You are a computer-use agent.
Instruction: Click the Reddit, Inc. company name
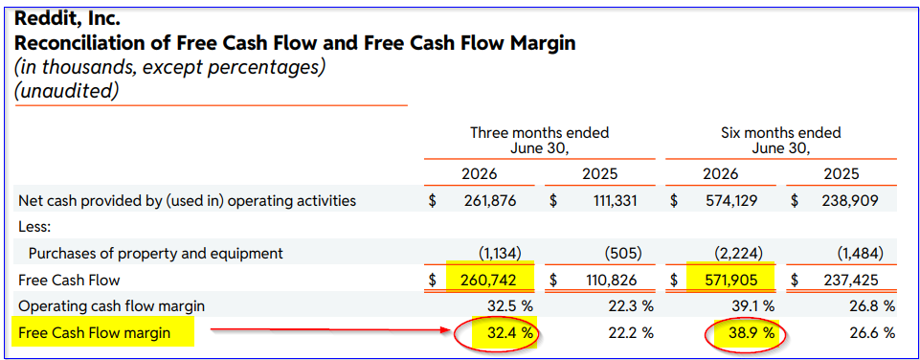coord(67,19)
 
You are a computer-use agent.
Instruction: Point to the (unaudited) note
coord(66,91)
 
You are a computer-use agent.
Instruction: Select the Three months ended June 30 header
coord(539,141)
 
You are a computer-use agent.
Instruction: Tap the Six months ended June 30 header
coord(780,141)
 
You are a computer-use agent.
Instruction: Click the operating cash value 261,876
coord(489,201)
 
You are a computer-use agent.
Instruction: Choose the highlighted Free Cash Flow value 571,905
coord(729,281)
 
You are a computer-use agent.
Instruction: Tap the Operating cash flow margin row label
coord(111,306)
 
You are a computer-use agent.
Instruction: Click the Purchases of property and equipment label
coord(156,254)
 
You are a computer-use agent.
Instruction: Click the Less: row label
coord(34,227)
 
